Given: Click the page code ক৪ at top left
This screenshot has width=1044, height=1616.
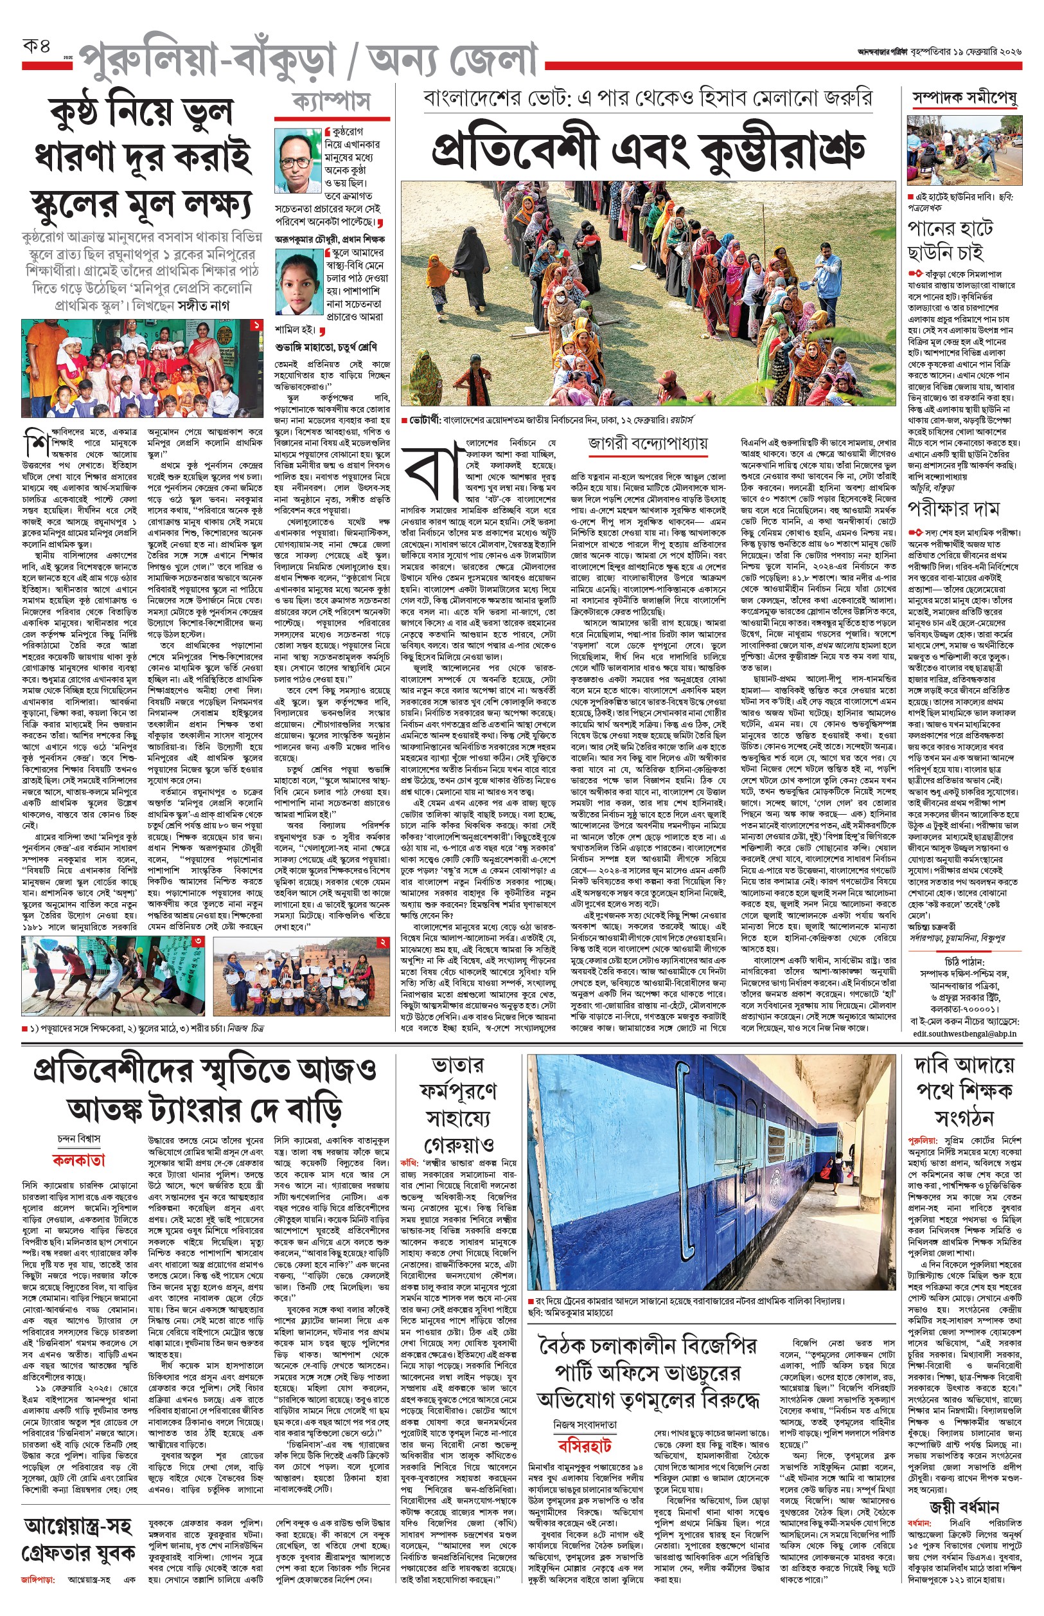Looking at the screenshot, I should coord(37,49).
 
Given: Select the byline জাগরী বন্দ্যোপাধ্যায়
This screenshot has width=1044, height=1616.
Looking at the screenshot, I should coord(648,444).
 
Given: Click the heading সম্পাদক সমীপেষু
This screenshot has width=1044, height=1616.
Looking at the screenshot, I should coord(964,99).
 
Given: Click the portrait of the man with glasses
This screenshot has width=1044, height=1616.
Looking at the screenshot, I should coord(298,161).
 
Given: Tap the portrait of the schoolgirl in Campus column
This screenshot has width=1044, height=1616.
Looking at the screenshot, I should coord(298,284).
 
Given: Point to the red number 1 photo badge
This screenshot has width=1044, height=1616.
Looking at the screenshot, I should coord(256,325).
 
